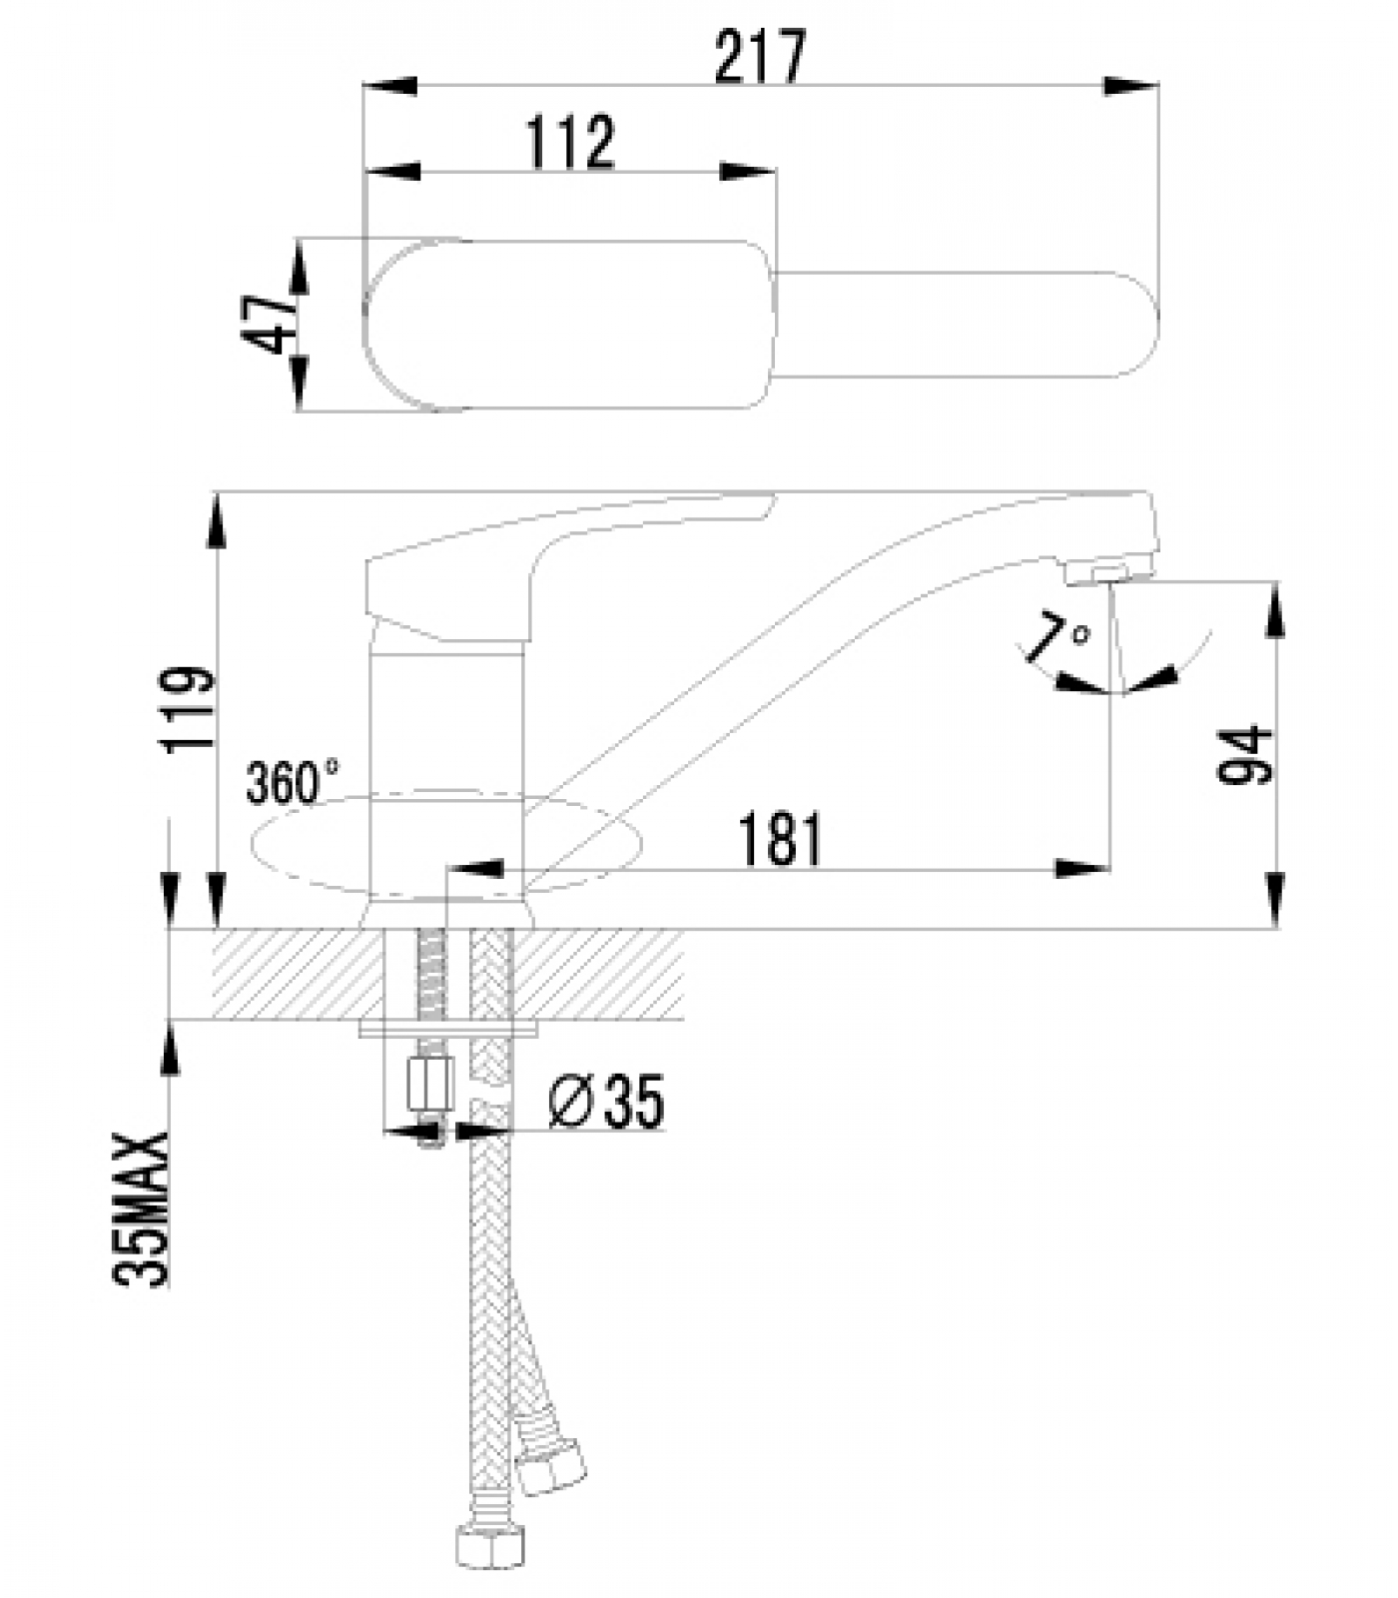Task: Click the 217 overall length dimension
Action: tap(759, 58)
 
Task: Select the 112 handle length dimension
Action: tap(569, 143)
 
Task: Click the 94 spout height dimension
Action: tap(1248, 757)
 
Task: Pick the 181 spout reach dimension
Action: tap(781, 840)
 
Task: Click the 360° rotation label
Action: tap(293, 782)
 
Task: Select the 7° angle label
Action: tap(1058, 639)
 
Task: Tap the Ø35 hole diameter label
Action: tap(607, 1103)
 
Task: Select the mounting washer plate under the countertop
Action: tap(449, 1027)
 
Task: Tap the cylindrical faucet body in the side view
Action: tap(446, 759)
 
